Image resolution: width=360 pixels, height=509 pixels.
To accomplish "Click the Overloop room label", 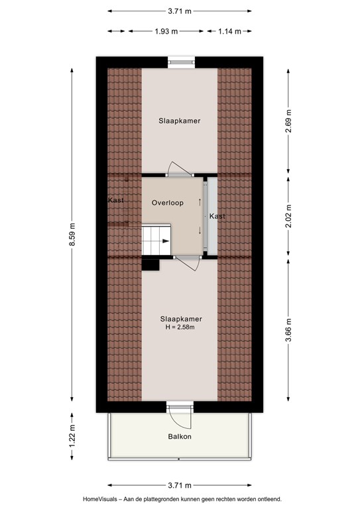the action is coord(168,203).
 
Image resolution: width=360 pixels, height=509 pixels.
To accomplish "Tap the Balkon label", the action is coord(180,437).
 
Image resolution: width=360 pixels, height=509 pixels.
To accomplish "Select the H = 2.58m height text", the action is coord(180,327).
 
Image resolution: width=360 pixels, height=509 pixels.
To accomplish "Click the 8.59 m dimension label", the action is coord(72,235).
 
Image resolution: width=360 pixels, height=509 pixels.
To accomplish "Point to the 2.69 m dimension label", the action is coord(288,121).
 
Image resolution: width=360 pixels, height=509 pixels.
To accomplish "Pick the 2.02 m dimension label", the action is coord(288,216).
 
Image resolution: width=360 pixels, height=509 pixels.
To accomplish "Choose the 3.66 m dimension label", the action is coord(288,330).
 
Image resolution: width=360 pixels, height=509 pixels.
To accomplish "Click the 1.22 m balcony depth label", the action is coord(72,436).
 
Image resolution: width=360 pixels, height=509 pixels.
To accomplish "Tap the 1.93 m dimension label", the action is coord(166,32).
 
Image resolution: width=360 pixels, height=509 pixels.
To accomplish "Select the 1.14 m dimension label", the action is coord(229,32).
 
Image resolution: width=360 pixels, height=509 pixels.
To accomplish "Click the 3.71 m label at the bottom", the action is coord(180,486).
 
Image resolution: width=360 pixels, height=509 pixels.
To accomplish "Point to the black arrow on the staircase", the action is coord(166,241).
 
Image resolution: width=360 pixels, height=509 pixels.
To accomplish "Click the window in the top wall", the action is coord(182,62).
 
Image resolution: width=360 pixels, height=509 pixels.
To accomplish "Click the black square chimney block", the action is coord(150,264).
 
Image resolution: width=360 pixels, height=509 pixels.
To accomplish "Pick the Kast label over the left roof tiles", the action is coord(116,200).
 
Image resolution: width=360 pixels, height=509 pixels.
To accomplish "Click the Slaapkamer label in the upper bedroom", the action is coord(180,121).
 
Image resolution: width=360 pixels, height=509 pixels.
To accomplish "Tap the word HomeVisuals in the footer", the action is coord(99,499).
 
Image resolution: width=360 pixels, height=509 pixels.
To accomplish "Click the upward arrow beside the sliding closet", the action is coord(200,202).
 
